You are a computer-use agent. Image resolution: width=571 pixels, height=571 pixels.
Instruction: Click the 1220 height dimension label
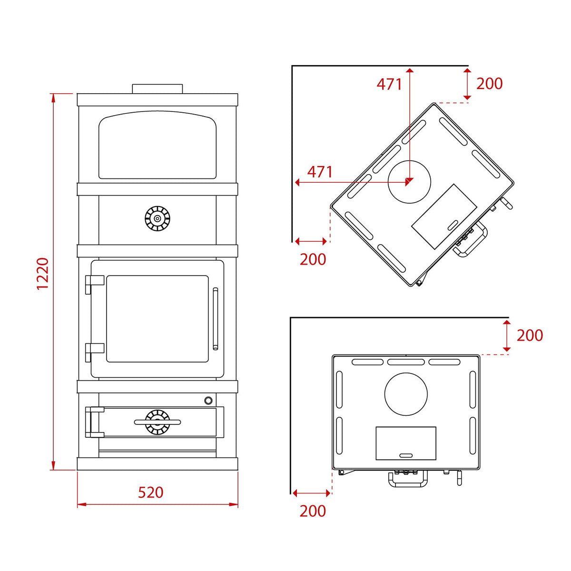click(x=43, y=274)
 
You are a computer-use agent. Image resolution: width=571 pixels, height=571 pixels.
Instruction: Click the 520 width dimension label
click(x=151, y=492)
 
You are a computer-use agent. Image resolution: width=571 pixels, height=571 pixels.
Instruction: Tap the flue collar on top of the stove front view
click(x=158, y=89)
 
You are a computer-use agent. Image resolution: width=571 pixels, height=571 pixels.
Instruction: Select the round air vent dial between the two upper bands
click(x=158, y=219)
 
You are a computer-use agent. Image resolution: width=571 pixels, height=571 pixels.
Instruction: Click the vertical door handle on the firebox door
click(x=216, y=318)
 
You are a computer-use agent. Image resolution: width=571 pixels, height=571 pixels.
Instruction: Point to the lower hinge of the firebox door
click(x=95, y=352)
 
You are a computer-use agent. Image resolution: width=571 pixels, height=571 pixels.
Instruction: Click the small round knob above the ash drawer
click(x=208, y=401)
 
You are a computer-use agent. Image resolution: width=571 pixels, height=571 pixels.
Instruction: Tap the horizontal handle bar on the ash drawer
click(x=158, y=422)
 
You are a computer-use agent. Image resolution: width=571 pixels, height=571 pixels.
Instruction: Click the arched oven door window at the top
click(x=158, y=145)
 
